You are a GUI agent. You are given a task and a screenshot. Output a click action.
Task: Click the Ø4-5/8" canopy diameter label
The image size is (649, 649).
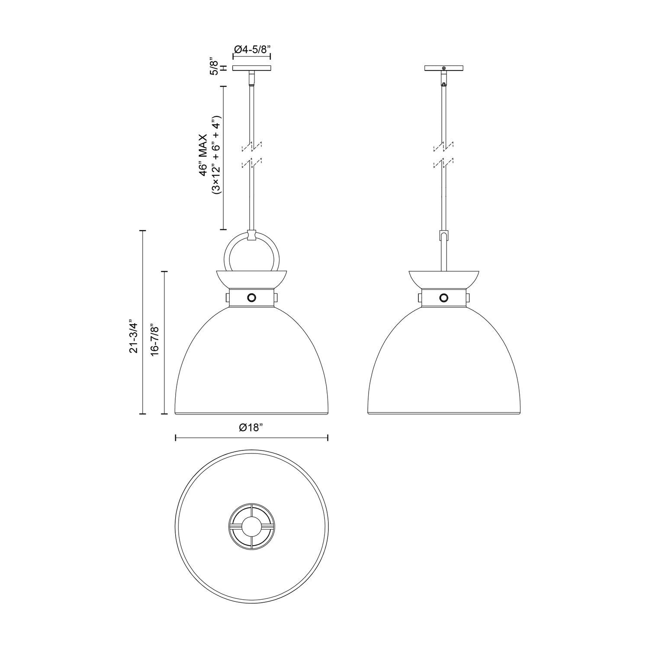click(x=252, y=49)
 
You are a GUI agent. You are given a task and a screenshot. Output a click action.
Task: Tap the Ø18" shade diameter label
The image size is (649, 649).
click(x=251, y=427)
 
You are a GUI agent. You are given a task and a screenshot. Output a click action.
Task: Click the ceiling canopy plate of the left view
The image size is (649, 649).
click(x=252, y=68)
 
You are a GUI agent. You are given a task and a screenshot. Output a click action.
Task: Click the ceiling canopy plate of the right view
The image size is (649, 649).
click(x=443, y=68)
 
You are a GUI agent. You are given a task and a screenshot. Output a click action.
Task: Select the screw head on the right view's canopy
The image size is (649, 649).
click(x=443, y=68)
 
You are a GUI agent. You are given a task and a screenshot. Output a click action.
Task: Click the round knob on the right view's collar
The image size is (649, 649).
click(x=443, y=297)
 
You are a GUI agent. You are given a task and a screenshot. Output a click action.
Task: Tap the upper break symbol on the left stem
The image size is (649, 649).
click(x=252, y=147)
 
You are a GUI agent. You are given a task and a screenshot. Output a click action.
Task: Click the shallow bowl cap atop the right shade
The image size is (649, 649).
click(x=443, y=279)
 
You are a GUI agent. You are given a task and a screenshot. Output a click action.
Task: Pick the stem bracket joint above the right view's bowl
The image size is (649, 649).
click(x=443, y=236)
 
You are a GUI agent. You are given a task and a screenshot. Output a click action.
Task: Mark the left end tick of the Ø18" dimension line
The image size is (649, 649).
click(x=175, y=438)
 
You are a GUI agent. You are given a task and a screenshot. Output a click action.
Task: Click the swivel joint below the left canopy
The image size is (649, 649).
click(x=252, y=79)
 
